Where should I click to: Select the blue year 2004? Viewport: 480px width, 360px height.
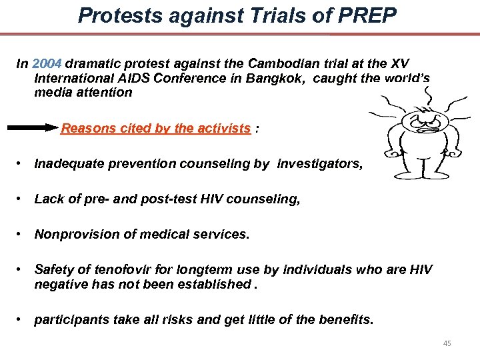point(47,64)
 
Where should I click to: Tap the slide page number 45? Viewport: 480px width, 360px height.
point(447,343)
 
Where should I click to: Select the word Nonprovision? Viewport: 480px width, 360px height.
point(73,234)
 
